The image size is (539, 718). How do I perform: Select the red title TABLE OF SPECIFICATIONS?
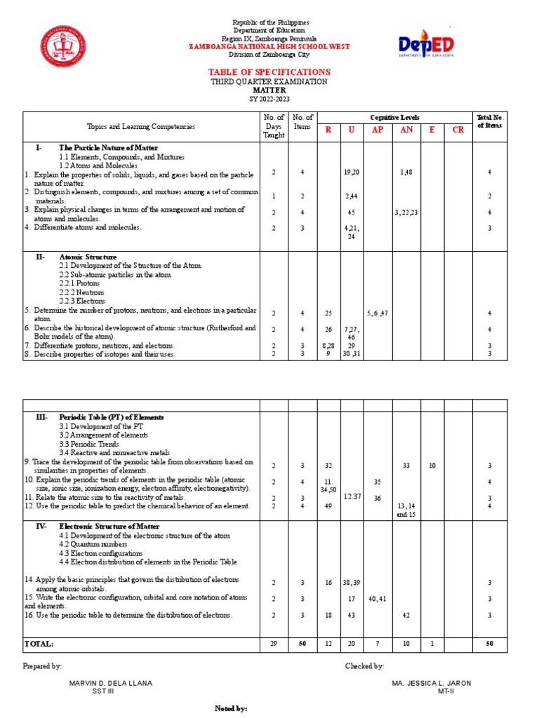[x=269, y=72]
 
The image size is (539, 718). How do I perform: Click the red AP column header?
[x=378, y=130]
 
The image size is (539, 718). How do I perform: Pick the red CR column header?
[x=458, y=130]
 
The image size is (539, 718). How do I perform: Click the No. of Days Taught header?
[x=274, y=126]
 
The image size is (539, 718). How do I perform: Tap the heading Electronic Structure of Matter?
[x=109, y=526]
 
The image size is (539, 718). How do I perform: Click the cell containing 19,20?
[x=351, y=172]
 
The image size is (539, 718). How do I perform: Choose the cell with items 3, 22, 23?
[x=406, y=212]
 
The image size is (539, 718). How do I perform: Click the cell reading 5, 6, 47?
[x=378, y=312]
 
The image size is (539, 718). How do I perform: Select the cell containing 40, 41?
[x=378, y=599]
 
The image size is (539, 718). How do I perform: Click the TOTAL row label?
[x=39, y=643]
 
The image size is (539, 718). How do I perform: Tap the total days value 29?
[x=274, y=643]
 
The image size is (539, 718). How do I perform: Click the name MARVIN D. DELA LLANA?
[x=110, y=683]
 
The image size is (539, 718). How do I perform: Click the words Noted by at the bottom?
[x=231, y=709]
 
